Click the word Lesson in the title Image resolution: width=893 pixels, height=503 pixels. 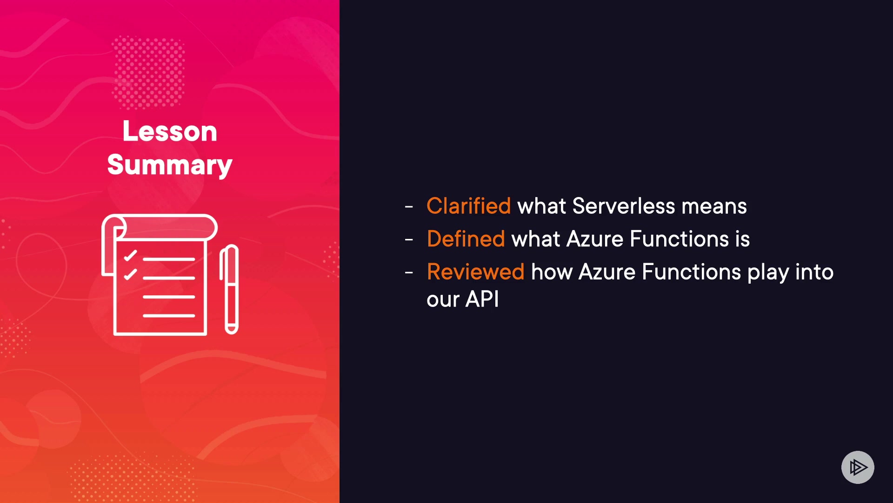coord(170,131)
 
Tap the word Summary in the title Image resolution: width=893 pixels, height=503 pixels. coord(170,165)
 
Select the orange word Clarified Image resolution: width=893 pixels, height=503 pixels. coord(468,206)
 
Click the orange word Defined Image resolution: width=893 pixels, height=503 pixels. coord(466,239)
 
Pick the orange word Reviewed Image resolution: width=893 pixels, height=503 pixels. coord(475,272)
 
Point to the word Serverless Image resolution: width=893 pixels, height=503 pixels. coord(623,206)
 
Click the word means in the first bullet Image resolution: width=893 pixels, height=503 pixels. coord(714,206)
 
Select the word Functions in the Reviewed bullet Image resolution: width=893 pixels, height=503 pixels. coord(691,272)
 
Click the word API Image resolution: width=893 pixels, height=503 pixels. coord(482,299)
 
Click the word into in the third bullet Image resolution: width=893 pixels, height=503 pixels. coord(814,272)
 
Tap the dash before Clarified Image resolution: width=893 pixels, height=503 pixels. coord(409,206)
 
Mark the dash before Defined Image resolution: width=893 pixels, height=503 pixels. coord(409,240)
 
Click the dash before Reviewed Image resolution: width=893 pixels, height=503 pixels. coord(409,273)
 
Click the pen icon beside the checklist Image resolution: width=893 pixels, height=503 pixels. coord(229,289)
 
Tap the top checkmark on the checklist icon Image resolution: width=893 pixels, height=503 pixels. coord(130,256)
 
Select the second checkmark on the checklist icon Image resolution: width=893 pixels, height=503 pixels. coord(130,274)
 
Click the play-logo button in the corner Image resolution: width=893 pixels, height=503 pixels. coord(858,467)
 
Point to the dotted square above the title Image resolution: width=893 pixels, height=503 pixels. coord(149,72)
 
